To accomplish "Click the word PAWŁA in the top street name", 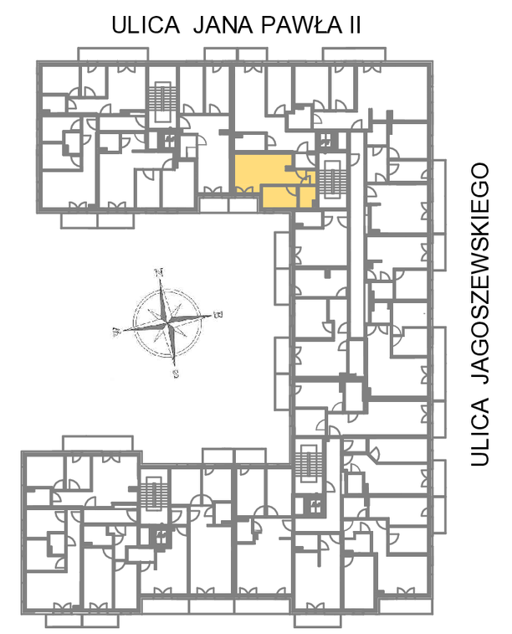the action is click(x=301, y=25).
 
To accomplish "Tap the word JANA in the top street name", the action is click(x=223, y=25).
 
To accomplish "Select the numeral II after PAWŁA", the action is click(x=353, y=25).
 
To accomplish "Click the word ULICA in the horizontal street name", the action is click(x=146, y=25).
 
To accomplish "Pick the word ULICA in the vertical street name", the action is click(x=480, y=432).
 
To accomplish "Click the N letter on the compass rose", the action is click(x=160, y=272).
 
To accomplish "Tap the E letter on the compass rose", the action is click(x=218, y=314).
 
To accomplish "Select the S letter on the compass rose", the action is click(x=176, y=374).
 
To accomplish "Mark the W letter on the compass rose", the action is click(x=116, y=332).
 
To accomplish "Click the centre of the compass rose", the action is click(x=167, y=322).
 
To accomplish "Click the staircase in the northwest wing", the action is click(x=163, y=101).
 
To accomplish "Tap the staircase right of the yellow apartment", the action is click(x=332, y=180).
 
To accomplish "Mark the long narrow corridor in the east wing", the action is click(x=357, y=235).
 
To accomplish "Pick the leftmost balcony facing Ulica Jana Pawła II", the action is click(x=113, y=54).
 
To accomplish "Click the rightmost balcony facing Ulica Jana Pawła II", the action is click(x=354, y=54).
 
